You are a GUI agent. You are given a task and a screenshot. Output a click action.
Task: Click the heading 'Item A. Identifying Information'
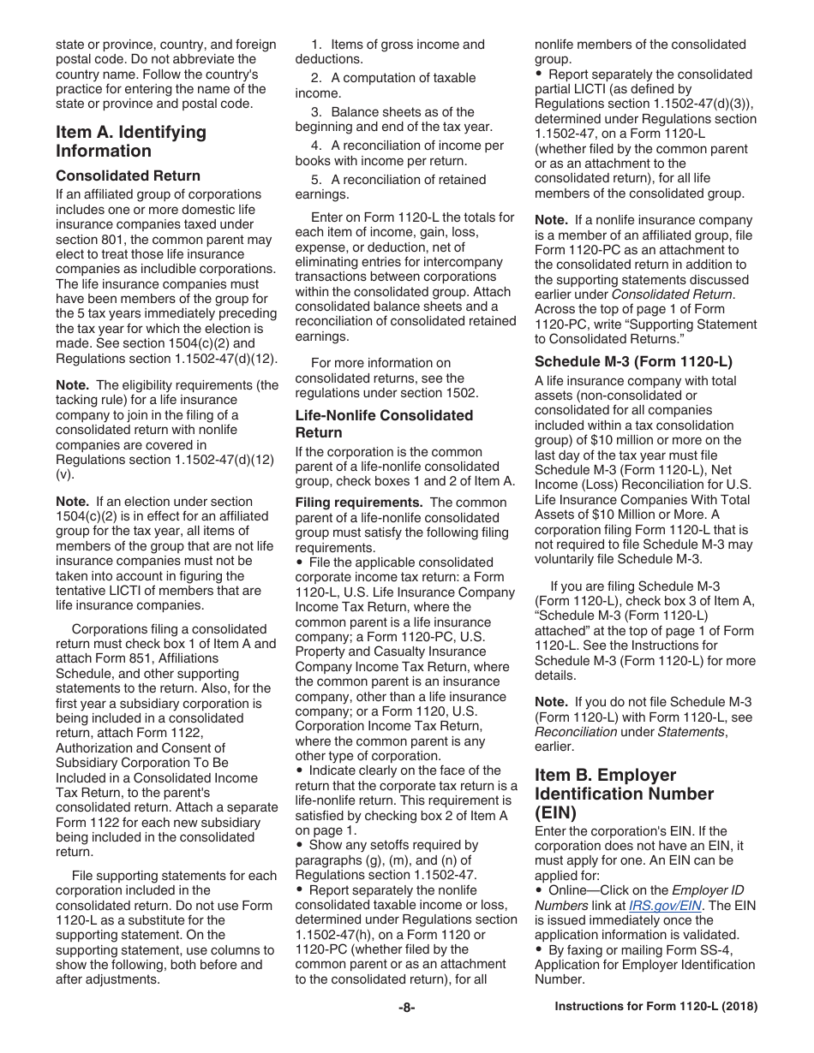130,141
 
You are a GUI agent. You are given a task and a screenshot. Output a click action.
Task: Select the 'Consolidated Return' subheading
128,175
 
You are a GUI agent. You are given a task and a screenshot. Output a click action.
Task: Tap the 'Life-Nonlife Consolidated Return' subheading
384,424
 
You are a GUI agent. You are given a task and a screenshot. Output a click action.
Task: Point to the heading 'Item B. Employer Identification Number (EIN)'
624,794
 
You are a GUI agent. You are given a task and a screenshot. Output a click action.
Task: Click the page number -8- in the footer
406,1008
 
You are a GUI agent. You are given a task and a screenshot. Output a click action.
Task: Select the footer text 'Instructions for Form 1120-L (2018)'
655,1008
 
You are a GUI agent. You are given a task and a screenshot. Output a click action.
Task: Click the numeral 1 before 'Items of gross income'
315,45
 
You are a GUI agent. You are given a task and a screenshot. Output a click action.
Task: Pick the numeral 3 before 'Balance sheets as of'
315,112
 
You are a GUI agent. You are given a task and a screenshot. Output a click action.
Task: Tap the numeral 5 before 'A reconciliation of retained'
315,180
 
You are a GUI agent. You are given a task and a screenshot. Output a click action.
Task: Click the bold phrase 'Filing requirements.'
358,503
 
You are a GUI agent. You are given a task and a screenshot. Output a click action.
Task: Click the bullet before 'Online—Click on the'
539,890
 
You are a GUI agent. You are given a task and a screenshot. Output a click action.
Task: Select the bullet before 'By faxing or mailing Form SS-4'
539,949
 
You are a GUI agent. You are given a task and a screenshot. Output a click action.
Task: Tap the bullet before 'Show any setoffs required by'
299,845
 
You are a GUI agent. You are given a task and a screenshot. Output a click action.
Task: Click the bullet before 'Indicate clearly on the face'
299,770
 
